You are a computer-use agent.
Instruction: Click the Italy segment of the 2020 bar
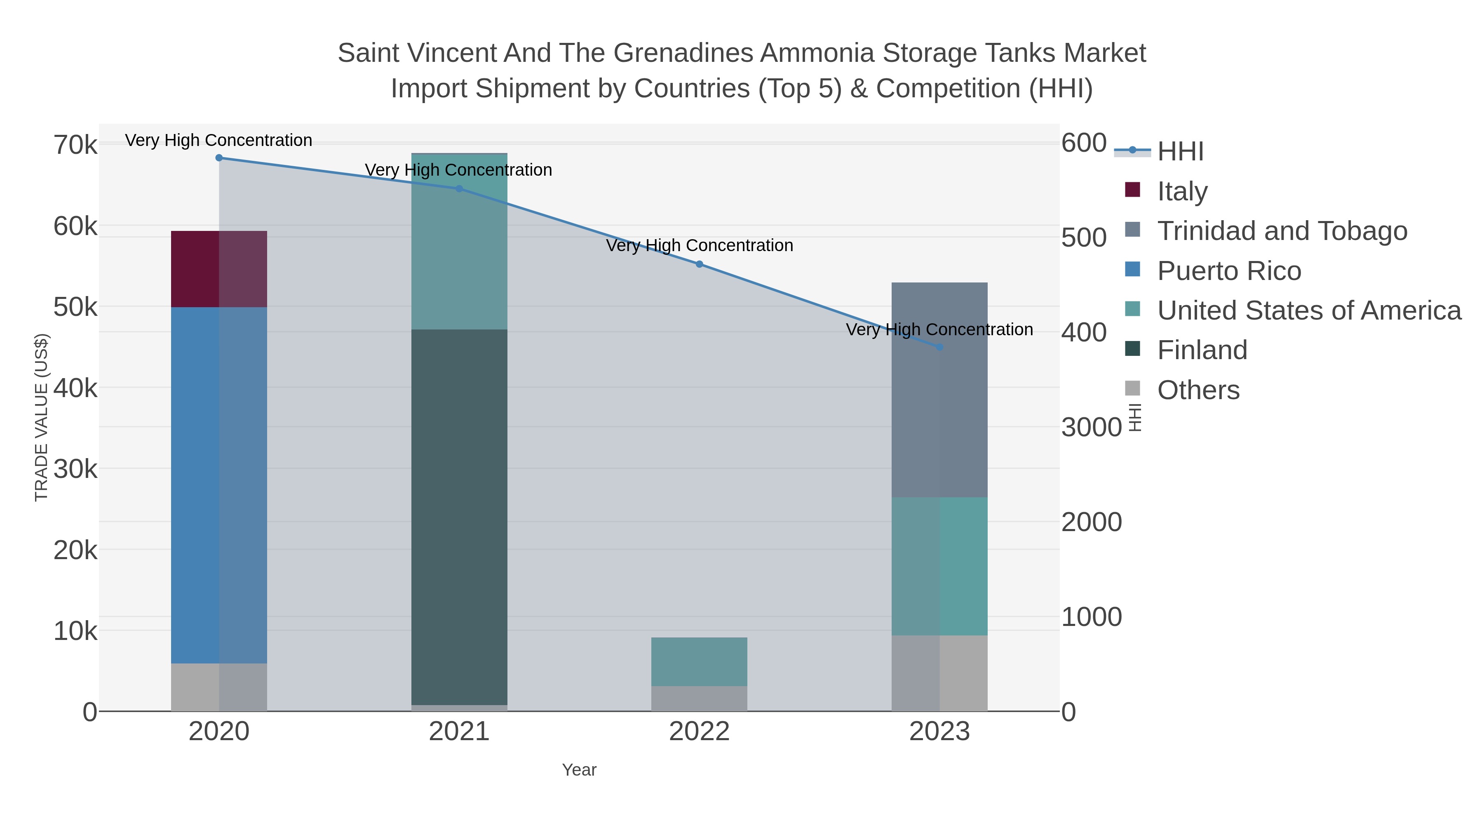click(x=219, y=269)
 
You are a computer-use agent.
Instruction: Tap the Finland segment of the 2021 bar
click(x=459, y=517)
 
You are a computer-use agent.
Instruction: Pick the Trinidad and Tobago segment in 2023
click(x=939, y=390)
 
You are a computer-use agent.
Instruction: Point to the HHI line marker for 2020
click(x=219, y=158)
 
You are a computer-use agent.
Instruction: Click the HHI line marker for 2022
click(x=700, y=264)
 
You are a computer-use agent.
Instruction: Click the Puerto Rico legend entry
click(x=1228, y=271)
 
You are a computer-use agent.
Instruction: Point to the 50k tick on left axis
click(x=75, y=307)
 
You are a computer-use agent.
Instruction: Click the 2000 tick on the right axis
click(x=1091, y=522)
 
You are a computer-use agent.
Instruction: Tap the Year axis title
click(x=579, y=770)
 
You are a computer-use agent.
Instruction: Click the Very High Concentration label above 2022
click(x=700, y=245)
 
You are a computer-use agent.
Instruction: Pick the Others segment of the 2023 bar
click(x=939, y=673)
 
